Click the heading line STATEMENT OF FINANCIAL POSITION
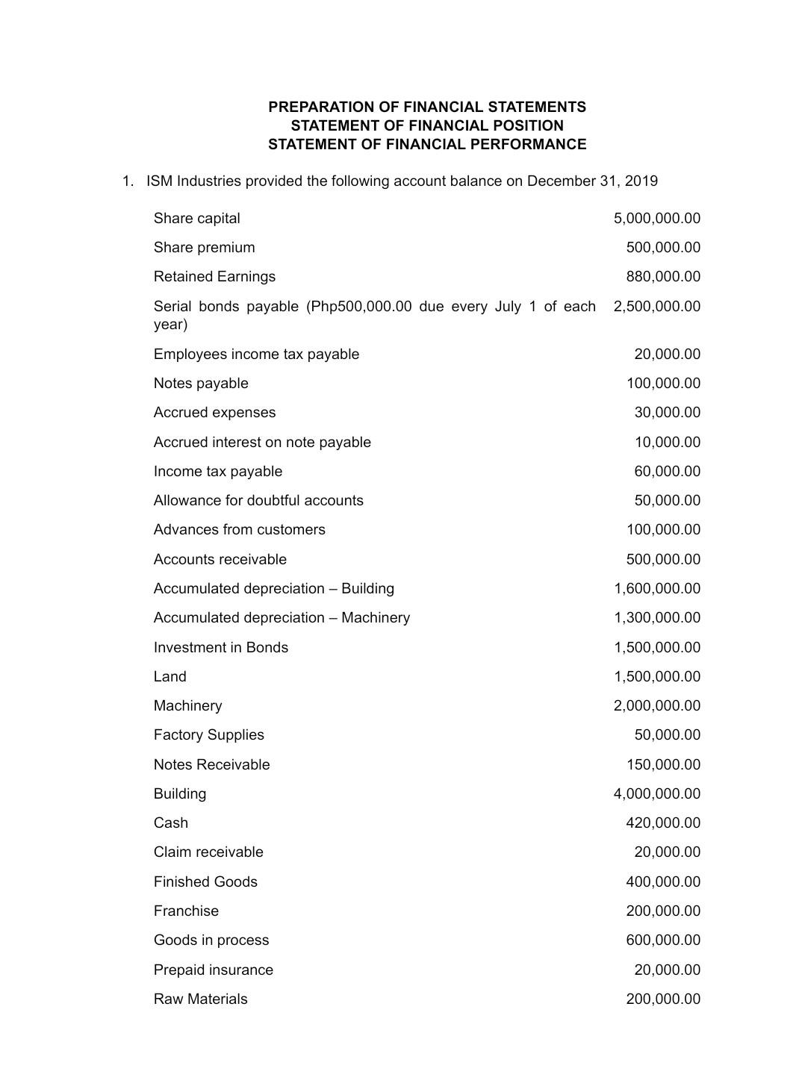[x=427, y=125]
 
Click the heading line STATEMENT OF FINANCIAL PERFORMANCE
[x=427, y=144]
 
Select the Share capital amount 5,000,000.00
[x=656, y=218]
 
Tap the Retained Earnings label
[x=214, y=277]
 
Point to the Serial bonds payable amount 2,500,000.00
[x=656, y=306]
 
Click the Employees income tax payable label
[x=256, y=355]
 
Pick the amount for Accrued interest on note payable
[x=667, y=442]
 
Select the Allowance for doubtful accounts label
[x=258, y=500]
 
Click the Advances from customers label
[x=239, y=530]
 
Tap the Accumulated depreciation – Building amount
[x=656, y=588]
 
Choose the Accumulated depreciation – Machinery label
[x=282, y=618]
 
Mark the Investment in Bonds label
[x=220, y=647]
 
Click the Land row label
[x=170, y=677]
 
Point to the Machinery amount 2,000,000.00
[x=656, y=705]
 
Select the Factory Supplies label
[x=208, y=735]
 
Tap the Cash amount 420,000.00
[x=662, y=823]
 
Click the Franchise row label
[x=186, y=911]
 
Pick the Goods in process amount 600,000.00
[x=662, y=940]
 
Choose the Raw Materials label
[x=200, y=999]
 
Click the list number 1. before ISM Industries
[x=128, y=181]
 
